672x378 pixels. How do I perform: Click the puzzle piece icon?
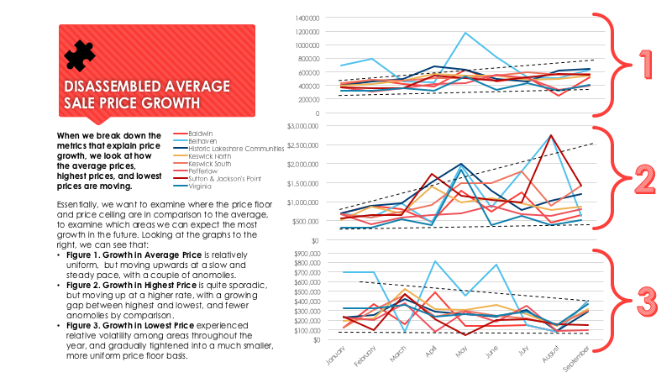pos(80,55)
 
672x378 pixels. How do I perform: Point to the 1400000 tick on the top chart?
pos(307,18)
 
